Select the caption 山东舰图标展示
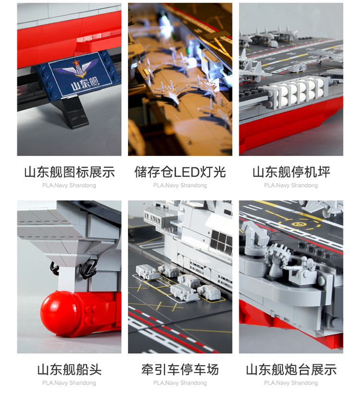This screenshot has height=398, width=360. [x=69, y=172]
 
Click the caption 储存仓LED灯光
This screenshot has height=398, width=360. [x=180, y=172]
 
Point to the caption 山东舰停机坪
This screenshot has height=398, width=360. [x=291, y=172]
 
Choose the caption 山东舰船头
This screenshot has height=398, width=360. [x=69, y=370]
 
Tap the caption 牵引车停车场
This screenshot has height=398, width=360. [x=180, y=370]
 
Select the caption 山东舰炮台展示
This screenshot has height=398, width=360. [x=291, y=370]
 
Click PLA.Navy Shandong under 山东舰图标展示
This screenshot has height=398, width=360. [x=69, y=185]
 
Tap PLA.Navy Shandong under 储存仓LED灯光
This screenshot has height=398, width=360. [x=180, y=185]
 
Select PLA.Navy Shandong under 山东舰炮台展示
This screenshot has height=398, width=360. [x=291, y=383]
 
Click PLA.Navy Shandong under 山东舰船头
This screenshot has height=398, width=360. [x=69, y=383]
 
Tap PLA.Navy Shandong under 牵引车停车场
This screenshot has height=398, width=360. [x=180, y=383]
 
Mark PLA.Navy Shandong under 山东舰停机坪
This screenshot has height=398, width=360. [x=291, y=185]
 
